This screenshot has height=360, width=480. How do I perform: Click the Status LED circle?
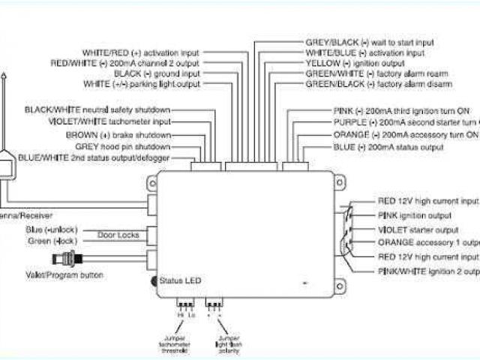point(153,281)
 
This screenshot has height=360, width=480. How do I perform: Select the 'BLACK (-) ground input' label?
point(157,74)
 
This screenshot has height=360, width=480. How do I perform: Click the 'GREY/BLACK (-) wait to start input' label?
point(369,43)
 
